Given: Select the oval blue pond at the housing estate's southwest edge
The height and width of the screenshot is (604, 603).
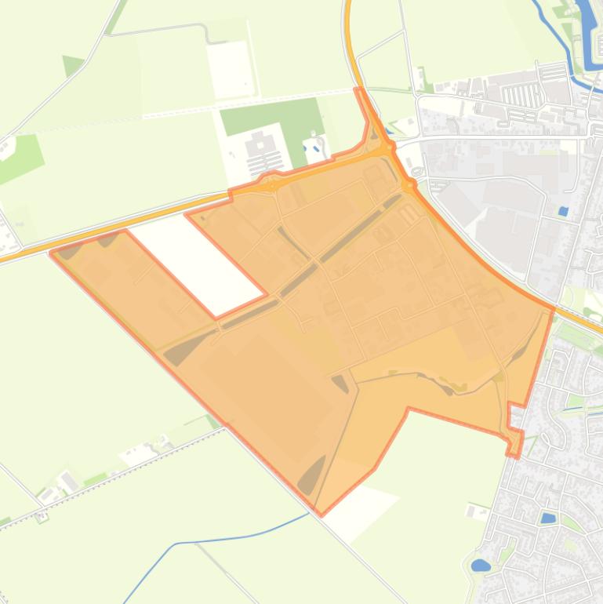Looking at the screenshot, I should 480,565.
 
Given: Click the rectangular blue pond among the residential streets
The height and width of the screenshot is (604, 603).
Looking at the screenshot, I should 547,518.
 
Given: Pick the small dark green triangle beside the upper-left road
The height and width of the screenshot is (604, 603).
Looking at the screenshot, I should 72,65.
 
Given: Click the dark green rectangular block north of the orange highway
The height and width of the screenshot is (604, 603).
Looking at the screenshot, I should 271,116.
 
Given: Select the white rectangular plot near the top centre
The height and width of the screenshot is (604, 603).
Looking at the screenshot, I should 230,69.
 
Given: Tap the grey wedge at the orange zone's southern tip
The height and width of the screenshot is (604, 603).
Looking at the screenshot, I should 311,475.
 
